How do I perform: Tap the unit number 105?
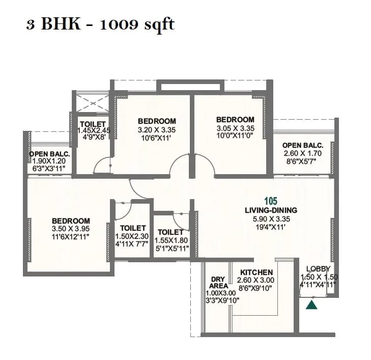coord(271,201)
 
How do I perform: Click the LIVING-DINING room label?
coord(271,210)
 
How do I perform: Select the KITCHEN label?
coord(256,272)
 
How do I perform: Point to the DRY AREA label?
coord(218,283)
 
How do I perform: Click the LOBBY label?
coord(319,269)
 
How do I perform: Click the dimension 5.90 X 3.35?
coord(271,219)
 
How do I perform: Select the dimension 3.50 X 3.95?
coord(71,229)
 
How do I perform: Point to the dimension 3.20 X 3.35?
coord(157,129)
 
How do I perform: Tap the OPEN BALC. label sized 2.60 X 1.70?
coord(303,145)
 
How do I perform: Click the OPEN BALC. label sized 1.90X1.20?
coord(49,154)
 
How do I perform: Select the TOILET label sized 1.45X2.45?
coord(93,124)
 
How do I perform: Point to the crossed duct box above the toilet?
coord(93,104)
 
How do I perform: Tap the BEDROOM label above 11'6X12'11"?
coord(71,221)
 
